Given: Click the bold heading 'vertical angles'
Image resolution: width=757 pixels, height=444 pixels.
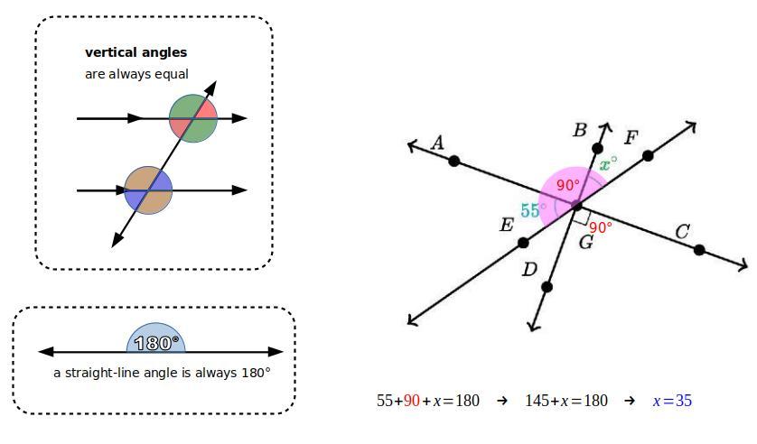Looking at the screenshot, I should [136, 52].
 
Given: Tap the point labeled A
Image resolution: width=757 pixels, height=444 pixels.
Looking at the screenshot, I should [453, 161].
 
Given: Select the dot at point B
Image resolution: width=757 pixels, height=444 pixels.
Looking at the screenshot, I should [597, 148].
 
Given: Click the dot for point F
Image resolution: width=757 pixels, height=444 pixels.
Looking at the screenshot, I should [649, 156].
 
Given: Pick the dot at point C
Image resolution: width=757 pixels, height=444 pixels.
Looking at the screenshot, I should [699, 249].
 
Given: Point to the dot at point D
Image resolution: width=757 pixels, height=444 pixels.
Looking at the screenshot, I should [547, 287].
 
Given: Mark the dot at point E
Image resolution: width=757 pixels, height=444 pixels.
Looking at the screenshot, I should [523, 243].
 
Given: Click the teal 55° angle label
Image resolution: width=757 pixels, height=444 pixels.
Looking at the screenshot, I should [533, 211].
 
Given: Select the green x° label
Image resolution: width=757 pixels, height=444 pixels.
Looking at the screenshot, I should [608, 164].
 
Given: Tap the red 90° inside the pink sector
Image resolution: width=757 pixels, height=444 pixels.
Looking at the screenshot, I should [568, 185].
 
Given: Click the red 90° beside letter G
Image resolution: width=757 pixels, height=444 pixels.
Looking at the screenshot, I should [601, 227].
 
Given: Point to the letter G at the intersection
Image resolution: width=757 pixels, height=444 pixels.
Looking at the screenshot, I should [585, 242].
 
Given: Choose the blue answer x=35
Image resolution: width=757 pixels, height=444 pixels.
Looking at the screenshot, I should [672, 401].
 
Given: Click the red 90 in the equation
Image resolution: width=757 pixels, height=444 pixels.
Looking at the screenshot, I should [412, 401].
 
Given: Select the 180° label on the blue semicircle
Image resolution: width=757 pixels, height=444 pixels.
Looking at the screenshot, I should [156, 343].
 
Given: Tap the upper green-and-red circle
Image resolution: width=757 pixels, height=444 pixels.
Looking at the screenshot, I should [193, 118].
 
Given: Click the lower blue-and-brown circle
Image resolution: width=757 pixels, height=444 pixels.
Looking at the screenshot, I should [148, 190].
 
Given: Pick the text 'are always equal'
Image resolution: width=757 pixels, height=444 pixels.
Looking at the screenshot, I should [136, 74].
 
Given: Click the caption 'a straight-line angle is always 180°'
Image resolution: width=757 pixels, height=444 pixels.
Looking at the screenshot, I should [162, 373].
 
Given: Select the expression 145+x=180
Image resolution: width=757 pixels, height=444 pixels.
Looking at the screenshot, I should [566, 401].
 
